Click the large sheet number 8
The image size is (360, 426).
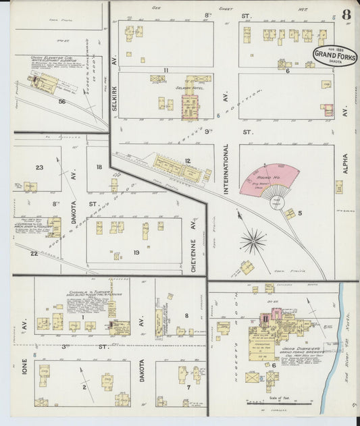[346, 15]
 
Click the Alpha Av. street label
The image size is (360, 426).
[345, 163]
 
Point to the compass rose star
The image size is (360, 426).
[253, 240]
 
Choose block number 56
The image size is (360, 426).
[61, 101]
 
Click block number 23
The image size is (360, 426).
[39, 167]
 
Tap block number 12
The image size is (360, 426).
[187, 161]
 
